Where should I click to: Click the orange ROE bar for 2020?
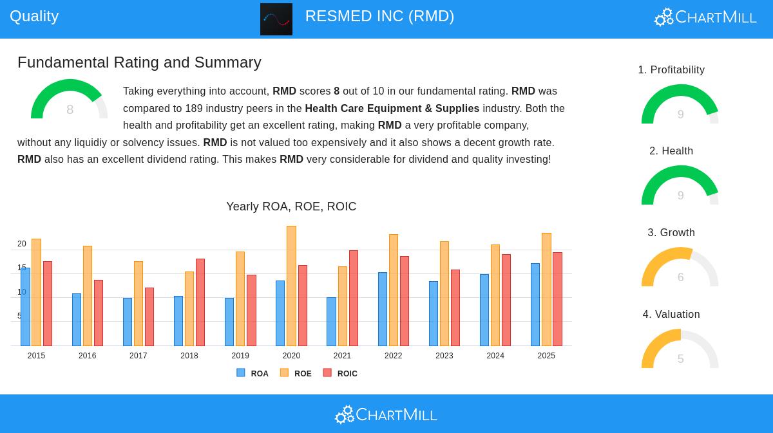(291, 286)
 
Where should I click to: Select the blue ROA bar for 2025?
(535, 304)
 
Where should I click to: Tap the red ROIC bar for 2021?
(354, 298)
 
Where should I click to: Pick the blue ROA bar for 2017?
(128, 322)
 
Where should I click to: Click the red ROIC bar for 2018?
(200, 302)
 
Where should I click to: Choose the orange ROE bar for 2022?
(394, 290)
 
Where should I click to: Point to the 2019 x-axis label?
(240, 356)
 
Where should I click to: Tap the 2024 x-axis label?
(495, 356)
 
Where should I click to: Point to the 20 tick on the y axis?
(22, 244)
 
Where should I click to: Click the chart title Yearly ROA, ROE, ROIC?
(291, 207)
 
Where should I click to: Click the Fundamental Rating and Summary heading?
(139, 62)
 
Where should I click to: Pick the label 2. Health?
(671, 151)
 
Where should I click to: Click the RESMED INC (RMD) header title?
(379, 16)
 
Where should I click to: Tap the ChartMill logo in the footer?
(386, 414)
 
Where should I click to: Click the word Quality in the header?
(34, 16)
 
